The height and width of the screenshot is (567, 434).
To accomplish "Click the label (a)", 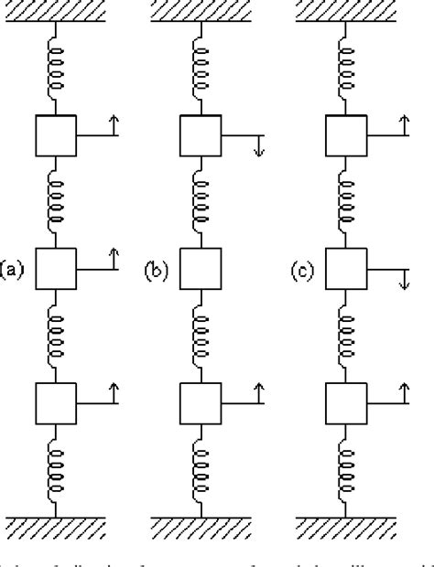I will click(12, 270).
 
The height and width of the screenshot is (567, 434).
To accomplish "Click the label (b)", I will click(157, 270).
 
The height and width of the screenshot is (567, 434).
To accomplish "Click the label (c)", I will click(304, 270).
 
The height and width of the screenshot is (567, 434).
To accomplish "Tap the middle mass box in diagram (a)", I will click(55, 269).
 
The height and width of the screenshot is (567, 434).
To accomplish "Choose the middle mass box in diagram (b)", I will click(200, 269).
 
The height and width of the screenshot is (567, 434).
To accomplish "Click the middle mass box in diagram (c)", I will click(346, 269).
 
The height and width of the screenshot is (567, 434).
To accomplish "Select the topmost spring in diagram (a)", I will click(55, 71).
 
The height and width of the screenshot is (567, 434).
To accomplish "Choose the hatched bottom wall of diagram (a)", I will click(55, 528).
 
